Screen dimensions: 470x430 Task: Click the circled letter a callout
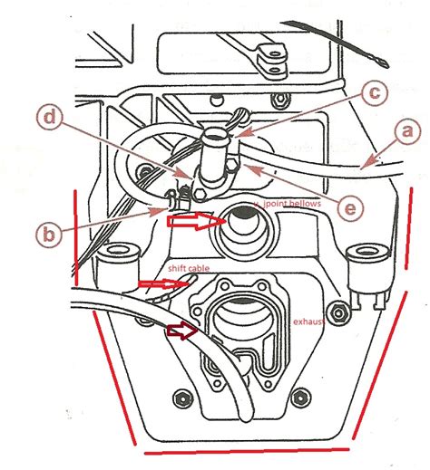(406, 131)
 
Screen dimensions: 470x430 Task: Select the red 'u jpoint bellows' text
(288, 206)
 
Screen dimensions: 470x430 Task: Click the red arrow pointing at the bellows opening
(194, 219)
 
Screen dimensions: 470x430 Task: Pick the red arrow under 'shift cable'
(158, 284)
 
